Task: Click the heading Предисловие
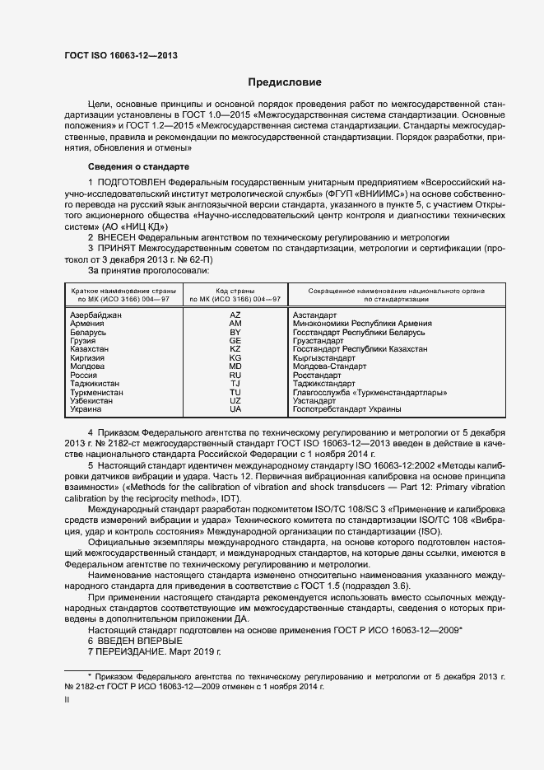tap(286, 82)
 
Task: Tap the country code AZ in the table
tap(235, 315)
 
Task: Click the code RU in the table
tap(235, 376)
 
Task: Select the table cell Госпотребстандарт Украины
tap(346, 409)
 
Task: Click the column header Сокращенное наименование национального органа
tap(396, 291)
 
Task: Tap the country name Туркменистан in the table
tap(97, 393)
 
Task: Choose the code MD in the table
tap(235, 366)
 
